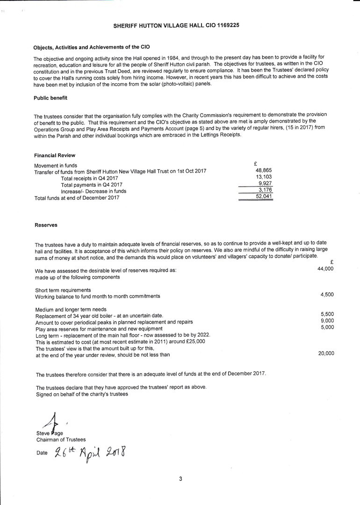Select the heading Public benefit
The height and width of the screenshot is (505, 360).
pos(50,98)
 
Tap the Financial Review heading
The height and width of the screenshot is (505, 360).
pos(55,155)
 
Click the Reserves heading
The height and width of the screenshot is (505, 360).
pos(46,225)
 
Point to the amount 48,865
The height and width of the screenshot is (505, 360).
pos(264,171)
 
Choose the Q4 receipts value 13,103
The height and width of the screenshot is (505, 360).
pos(264,177)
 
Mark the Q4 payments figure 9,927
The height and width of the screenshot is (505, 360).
pos(265,184)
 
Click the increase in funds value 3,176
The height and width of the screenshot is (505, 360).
pos(265,190)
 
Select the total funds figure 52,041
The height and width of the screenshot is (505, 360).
pos(264,197)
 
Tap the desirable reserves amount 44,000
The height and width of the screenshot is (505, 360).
pos(325,269)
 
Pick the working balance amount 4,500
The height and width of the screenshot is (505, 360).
pos(327,295)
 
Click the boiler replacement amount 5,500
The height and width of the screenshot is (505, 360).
pos(327,314)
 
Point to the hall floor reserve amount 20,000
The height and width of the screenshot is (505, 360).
pos(326,353)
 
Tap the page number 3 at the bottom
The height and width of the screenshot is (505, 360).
pos(180,478)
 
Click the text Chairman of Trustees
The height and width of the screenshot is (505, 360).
pos(61,440)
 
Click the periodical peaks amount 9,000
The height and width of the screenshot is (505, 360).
pos(327,321)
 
